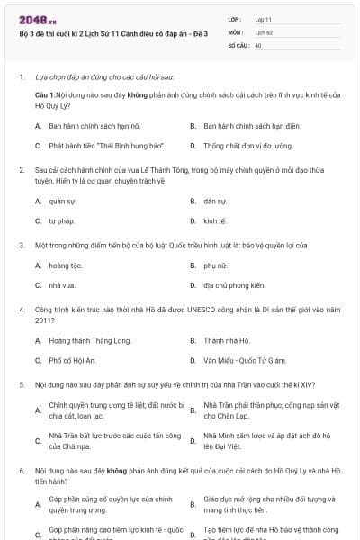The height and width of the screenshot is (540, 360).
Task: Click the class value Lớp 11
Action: click(265, 19)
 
